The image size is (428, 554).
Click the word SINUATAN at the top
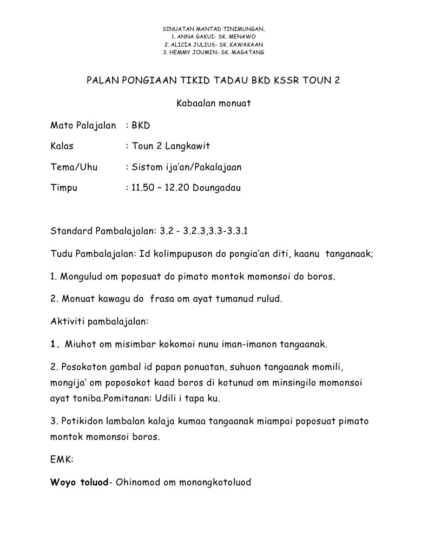tap(177, 28)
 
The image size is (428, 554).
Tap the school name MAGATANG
tap(247, 52)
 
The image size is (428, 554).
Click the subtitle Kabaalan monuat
tap(214, 103)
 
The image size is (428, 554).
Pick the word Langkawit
tap(187, 146)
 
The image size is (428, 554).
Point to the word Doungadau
tap(213, 188)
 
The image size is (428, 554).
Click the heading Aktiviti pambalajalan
tap(99, 321)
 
